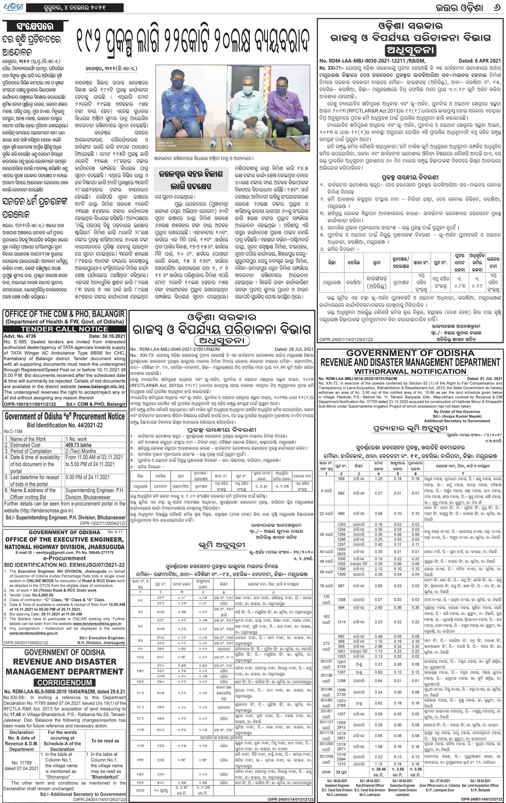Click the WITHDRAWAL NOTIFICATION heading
(x=410, y=371)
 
